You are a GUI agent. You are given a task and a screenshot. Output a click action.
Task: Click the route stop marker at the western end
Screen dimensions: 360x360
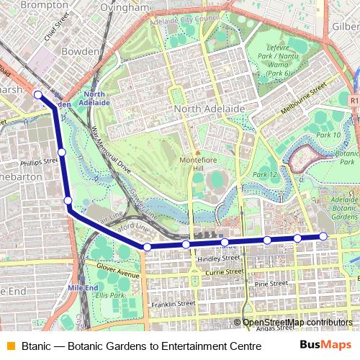coord(38,94)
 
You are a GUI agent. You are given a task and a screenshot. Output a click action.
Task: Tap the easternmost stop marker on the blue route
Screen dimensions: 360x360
coord(323,236)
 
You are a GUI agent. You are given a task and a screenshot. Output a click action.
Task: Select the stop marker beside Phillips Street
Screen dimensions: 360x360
coord(62,152)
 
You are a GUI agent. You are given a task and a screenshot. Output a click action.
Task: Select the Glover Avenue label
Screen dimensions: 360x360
coord(117,274)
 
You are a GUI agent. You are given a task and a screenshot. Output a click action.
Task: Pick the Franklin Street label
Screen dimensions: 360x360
coord(173,305)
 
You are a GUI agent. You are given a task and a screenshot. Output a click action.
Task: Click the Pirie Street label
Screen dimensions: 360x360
coord(271,284)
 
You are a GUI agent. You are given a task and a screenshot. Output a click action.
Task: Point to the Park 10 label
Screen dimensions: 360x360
coord(328,135)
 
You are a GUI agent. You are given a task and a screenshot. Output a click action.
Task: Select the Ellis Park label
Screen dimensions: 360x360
coord(109,295)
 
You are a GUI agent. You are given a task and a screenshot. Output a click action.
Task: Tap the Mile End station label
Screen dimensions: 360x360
coord(82,287)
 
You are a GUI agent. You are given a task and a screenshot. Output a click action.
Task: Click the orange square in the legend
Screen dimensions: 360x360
coord(11,346)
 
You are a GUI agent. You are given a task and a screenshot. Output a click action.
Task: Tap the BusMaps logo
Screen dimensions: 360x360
coord(325,346)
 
